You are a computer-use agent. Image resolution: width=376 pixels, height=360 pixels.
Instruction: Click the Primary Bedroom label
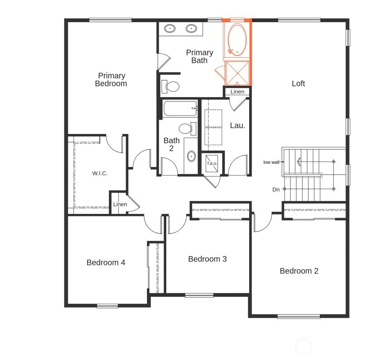tap(111, 80)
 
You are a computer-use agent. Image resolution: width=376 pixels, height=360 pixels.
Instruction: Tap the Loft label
tap(298, 83)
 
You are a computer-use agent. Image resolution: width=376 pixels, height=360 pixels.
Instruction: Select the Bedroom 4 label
tap(106, 262)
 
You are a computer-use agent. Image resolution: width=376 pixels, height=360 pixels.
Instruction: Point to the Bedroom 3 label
tap(207, 259)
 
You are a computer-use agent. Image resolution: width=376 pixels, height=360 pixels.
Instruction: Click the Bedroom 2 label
tap(299, 271)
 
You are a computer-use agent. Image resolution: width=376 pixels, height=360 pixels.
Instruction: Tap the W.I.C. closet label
tap(100, 173)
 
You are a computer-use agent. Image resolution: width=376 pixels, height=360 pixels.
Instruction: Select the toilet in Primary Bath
tap(171, 87)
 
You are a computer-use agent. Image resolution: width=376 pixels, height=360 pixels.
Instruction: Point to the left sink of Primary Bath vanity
tap(170, 28)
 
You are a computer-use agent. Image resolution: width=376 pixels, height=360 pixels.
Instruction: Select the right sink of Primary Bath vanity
tap(191, 28)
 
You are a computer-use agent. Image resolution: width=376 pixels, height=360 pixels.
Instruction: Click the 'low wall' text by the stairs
tap(271, 162)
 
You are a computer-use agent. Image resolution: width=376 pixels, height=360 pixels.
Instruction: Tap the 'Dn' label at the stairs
tap(276, 190)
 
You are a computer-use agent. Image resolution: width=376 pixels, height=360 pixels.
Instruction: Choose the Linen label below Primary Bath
tap(237, 92)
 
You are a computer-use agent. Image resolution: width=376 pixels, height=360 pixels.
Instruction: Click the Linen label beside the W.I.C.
tap(120, 204)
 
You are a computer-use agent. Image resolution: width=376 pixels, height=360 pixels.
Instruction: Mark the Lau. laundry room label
tap(237, 125)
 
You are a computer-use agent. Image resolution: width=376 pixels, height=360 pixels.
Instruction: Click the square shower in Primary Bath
tap(237, 72)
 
